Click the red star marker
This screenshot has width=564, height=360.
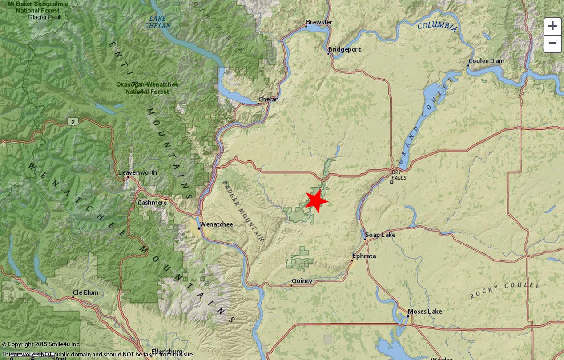click(x=316, y=201)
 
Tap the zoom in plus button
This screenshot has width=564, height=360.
click(x=552, y=26)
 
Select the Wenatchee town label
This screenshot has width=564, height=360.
click(x=216, y=224)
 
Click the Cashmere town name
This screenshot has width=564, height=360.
click(x=153, y=203)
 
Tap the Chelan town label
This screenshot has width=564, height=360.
click(x=269, y=99)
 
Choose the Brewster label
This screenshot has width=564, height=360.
click(x=319, y=22)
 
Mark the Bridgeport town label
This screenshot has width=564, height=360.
click(x=344, y=49)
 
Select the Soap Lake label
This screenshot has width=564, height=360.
click(x=380, y=235)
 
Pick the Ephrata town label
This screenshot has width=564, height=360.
click(x=364, y=256)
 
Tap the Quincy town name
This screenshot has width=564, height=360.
click(x=302, y=281)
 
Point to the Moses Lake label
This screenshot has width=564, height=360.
click(x=425, y=312)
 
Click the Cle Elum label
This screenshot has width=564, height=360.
click(x=86, y=293)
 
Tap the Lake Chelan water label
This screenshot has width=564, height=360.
click(x=157, y=22)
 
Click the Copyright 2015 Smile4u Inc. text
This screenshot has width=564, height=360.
click(x=41, y=344)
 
